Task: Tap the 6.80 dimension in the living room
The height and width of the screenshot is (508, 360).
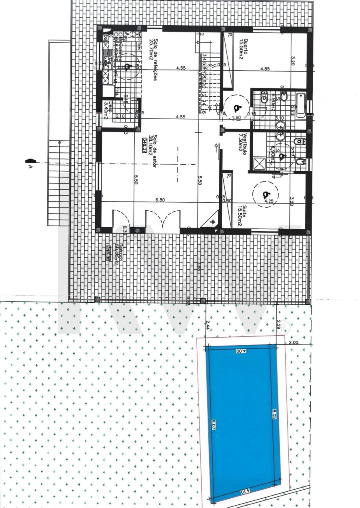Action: tap(160, 199)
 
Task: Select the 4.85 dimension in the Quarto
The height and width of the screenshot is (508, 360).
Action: tap(265, 69)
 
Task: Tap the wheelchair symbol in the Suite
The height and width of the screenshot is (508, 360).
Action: tap(265, 195)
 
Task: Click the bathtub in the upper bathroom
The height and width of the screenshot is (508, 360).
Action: tap(300, 104)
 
